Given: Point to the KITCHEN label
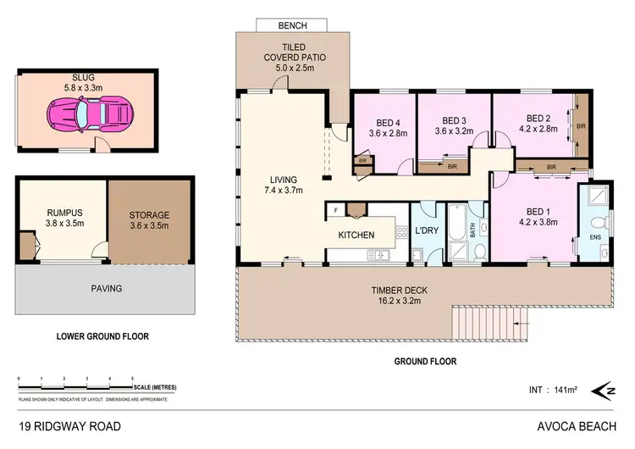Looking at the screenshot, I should point(356,235).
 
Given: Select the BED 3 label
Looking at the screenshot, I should point(455,125).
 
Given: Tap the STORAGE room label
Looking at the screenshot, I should point(150,220).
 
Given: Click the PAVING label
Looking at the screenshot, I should point(106,288).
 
